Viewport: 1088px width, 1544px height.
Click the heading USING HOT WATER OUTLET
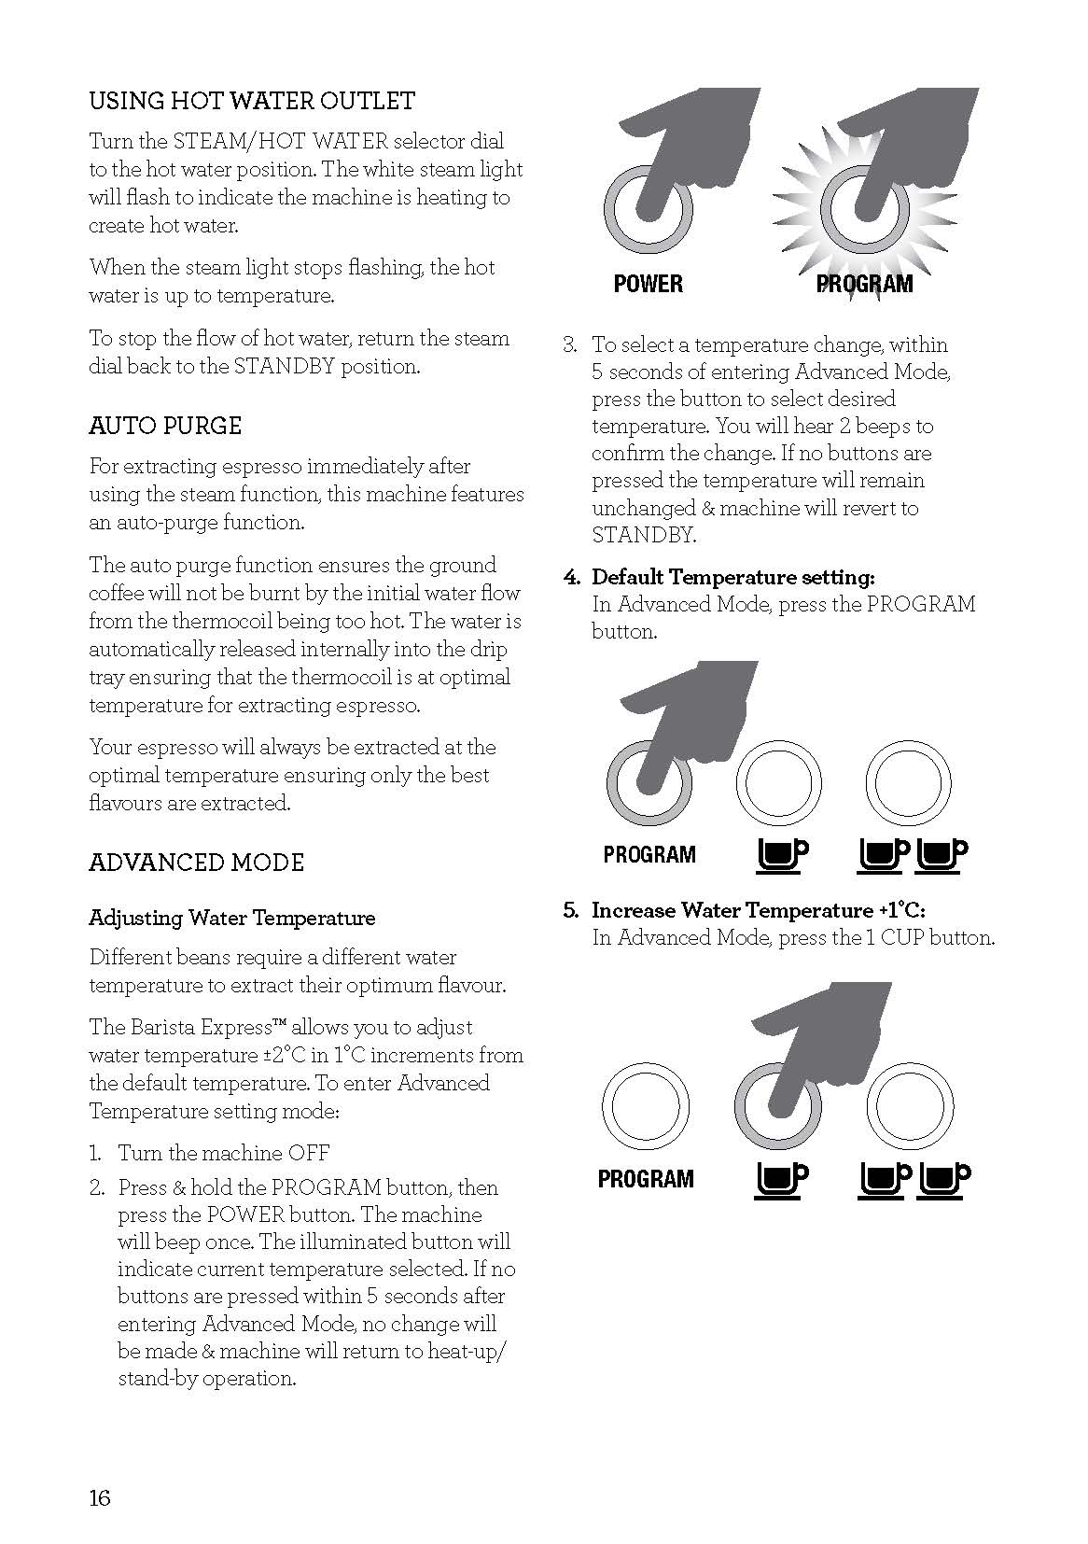[x=252, y=101]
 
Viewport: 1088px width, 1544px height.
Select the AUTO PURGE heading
[x=165, y=426]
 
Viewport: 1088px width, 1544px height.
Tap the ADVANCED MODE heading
[x=196, y=862]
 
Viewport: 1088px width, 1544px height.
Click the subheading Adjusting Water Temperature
[x=231, y=918]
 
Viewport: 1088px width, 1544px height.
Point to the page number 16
[x=100, y=1498]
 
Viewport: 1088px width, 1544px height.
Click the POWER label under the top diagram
[x=648, y=284]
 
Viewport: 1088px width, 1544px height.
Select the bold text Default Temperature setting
[x=732, y=577]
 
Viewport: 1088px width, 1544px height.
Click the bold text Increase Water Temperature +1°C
[x=758, y=910]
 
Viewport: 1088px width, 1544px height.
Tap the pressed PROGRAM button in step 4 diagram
[x=649, y=782]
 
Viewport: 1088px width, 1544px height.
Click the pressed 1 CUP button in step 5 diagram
[x=778, y=1107]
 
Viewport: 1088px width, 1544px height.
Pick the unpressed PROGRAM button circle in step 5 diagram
[x=646, y=1107]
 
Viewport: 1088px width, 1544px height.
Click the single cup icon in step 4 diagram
[x=779, y=854]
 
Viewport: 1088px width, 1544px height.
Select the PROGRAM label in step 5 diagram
[x=646, y=1179]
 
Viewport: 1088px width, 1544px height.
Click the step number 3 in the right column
[x=569, y=344]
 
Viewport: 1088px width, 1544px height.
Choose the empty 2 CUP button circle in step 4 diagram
[x=908, y=782]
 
